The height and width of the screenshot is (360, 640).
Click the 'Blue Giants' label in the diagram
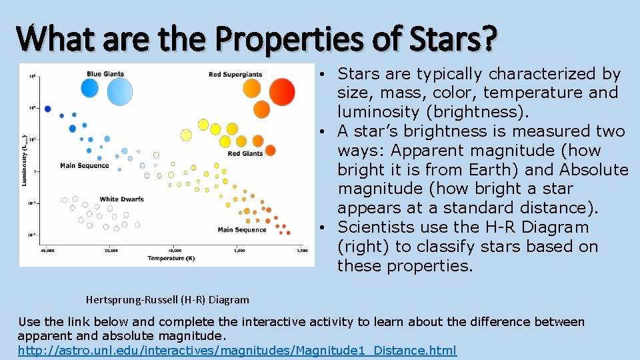105,74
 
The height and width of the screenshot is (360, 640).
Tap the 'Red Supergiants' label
235,75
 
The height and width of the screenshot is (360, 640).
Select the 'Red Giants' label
245,153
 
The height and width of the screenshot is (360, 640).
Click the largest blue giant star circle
120,91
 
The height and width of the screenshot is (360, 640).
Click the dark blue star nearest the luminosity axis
47,109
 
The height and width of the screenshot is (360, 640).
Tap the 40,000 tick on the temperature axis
47,251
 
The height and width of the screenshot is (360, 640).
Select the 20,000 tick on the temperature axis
111,251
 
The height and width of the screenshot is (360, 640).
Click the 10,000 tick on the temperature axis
175,251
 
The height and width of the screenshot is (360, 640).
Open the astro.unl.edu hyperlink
237,351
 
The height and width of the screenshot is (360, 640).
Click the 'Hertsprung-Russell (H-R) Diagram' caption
167,300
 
